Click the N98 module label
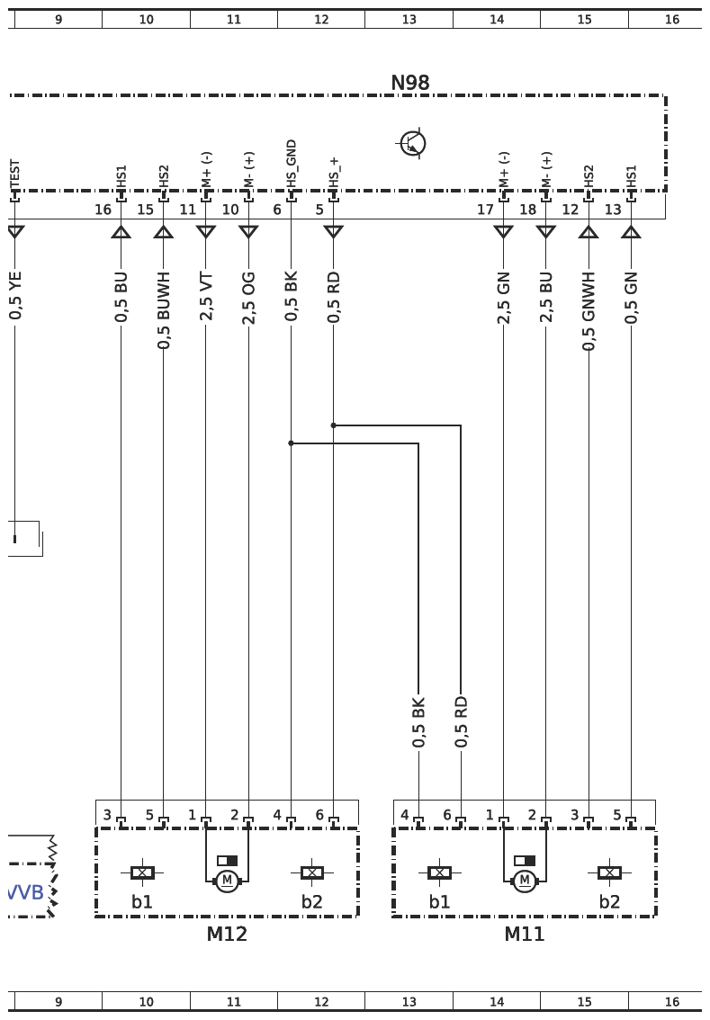coord(410,83)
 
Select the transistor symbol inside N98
coord(413,143)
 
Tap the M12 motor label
coord(227,935)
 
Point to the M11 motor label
coord(524,935)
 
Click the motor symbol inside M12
coord(227,881)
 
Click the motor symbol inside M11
coord(525,881)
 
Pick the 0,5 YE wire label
coord(15,295)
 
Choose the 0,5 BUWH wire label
coord(164,309)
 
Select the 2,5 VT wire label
coord(206,297)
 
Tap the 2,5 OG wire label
coord(248,298)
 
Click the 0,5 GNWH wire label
coord(589,311)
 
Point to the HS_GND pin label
coord(291,164)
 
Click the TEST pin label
coord(15,174)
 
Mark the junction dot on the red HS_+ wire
coord(333,425)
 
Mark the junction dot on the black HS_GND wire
coord(291,443)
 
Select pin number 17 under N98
coord(485,210)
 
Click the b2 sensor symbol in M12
coord(312,872)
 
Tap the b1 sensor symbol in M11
coord(440,872)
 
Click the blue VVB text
coord(26,892)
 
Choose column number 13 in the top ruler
coord(409,20)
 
